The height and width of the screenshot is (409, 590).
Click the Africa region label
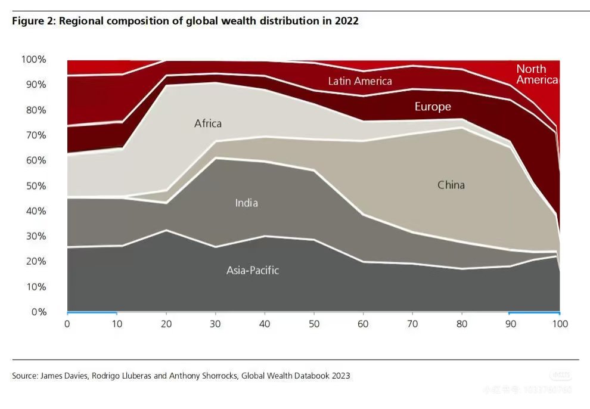pyautogui.click(x=208, y=123)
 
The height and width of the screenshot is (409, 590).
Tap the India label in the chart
pyautogui.click(x=246, y=203)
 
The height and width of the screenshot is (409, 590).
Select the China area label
pyautogui.click(x=451, y=185)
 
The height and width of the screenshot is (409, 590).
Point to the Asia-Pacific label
pyautogui.click(x=253, y=270)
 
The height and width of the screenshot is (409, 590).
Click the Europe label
pyautogui.click(x=433, y=107)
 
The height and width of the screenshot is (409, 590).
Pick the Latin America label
pyautogui.click(x=360, y=80)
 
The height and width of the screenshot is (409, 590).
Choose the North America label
pyautogui.click(x=536, y=74)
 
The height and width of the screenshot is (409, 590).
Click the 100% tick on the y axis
pyautogui.click(x=33, y=60)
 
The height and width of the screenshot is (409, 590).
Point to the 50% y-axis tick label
pyautogui.click(x=36, y=185)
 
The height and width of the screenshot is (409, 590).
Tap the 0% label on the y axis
pyautogui.click(x=38, y=312)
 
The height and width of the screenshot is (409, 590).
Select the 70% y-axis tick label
pyautogui.click(x=36, y=135)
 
